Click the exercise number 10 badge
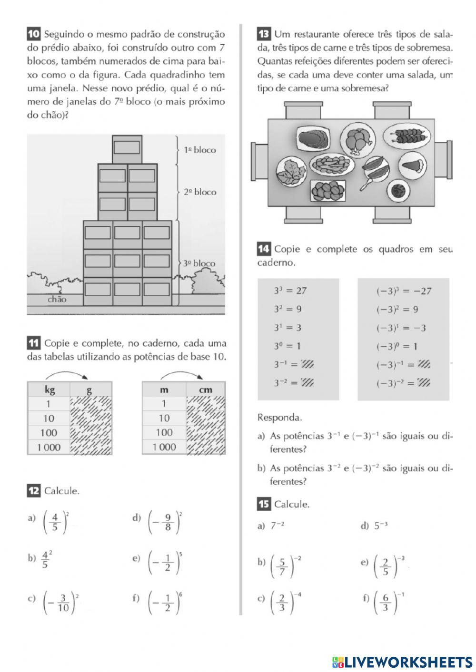click(x=33, y=34)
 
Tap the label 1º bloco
click(x=200, y=150)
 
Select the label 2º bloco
click(x=200, y=192)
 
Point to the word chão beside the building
click(x=57, y=299)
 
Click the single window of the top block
click(x=127, y=147)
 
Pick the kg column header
click(x=50, y=390)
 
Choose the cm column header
click(x=206, y=390)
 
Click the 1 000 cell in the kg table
click(x=49, y=447)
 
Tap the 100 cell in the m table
click(x=164, y=432)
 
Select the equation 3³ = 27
click(x=290, y=291)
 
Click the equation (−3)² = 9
click(x=397, y=310)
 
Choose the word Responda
click(x=279, y=418)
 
